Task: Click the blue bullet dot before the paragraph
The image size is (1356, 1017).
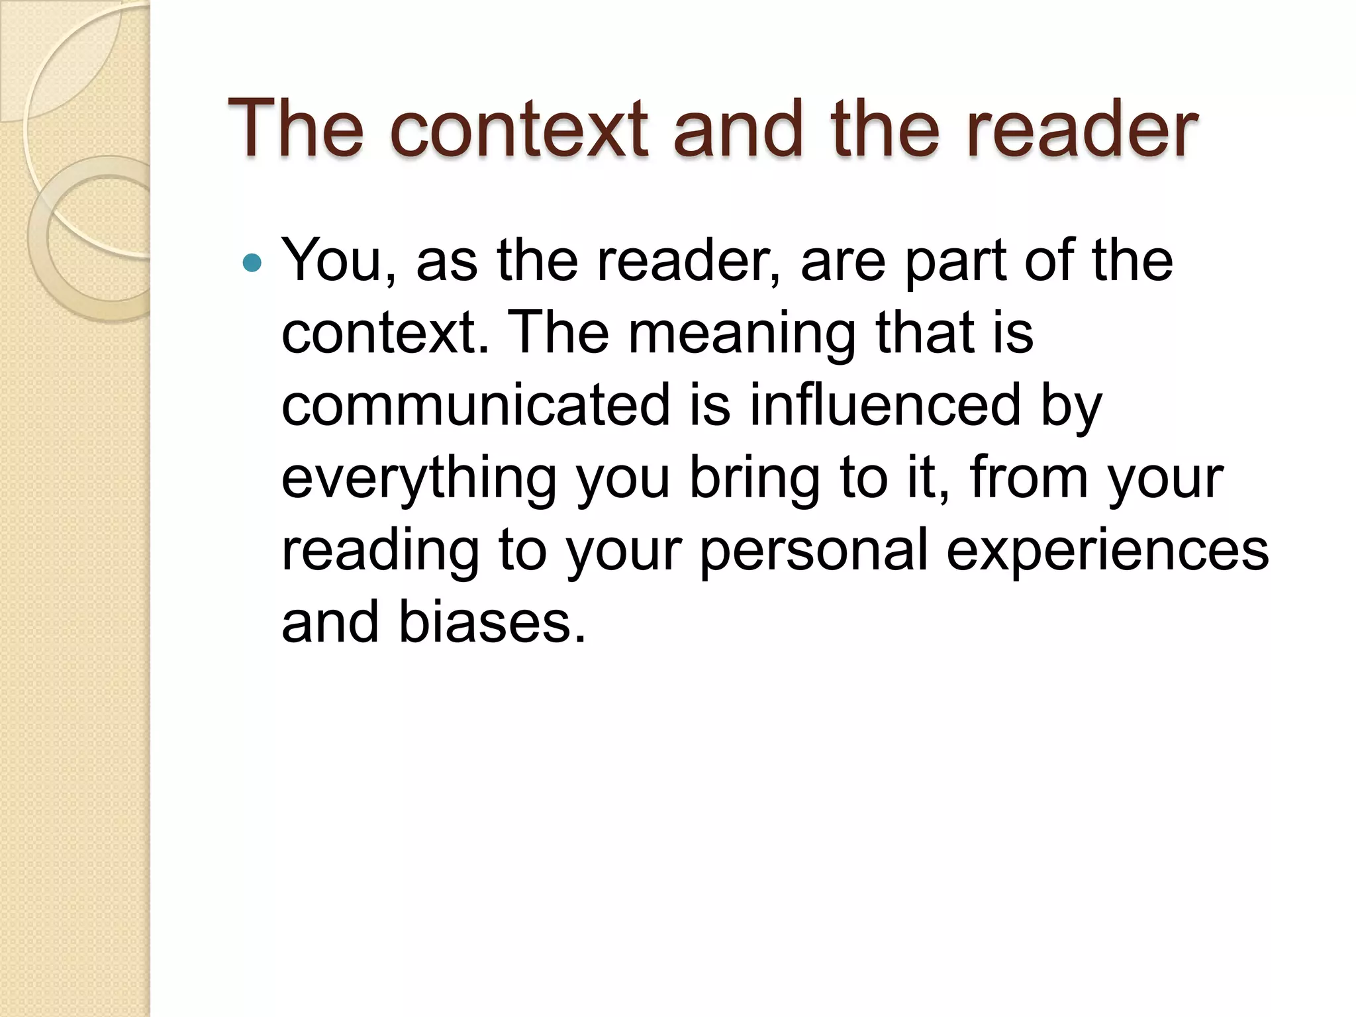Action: [x=252, y=264]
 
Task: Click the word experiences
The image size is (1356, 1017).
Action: [x=1107, y=551]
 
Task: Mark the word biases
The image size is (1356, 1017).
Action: [x=493, y=622]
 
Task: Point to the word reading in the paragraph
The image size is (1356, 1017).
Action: [x=380, y=551]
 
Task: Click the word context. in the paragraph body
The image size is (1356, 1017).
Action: [x=385, y=333]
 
